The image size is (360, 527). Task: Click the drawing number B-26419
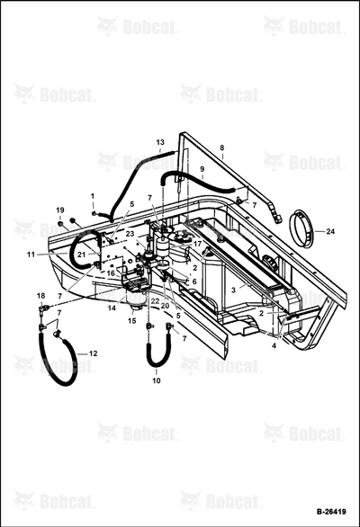click(331, 512)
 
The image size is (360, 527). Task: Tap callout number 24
click(330, 231)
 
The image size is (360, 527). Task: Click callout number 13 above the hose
click(160, 142)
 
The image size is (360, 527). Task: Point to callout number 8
click(221, 147)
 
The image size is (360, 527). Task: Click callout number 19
click(60, 210)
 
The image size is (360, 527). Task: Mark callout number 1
click(93, 196)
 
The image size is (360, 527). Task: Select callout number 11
click(31, 255)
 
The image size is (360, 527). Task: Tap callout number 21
click(81, 255)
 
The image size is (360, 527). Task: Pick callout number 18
click(40, 296)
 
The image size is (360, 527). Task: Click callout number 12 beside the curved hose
click(94, 353)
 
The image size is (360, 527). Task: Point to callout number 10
click(157, 380)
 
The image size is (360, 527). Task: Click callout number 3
click(233, 290)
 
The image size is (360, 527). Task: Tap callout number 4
click(274, 345)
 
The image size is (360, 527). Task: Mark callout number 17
click(197, 244)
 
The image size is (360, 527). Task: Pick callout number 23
click(130, 233)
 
